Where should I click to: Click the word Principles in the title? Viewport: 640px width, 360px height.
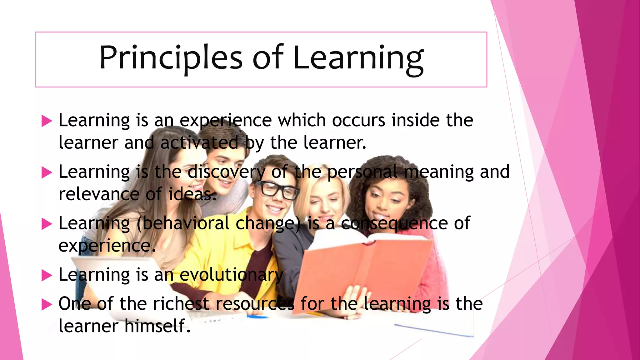click(x=171, y=58)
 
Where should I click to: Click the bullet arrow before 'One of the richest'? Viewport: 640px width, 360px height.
click(x=47, y=304)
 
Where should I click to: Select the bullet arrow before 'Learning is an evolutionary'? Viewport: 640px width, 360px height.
click(x=47, y=275)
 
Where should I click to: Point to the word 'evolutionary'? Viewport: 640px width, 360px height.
click(x=231, y=275)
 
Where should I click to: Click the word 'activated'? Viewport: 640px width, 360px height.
click(x=199, y=143)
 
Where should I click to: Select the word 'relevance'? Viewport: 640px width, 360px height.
click(x=99, y=194)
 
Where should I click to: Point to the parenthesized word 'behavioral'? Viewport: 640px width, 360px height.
click(x=186, y=223)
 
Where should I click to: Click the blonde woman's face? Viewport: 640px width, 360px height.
click(x=325, y=203)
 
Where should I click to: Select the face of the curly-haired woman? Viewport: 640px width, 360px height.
click(x=387, y=200)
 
